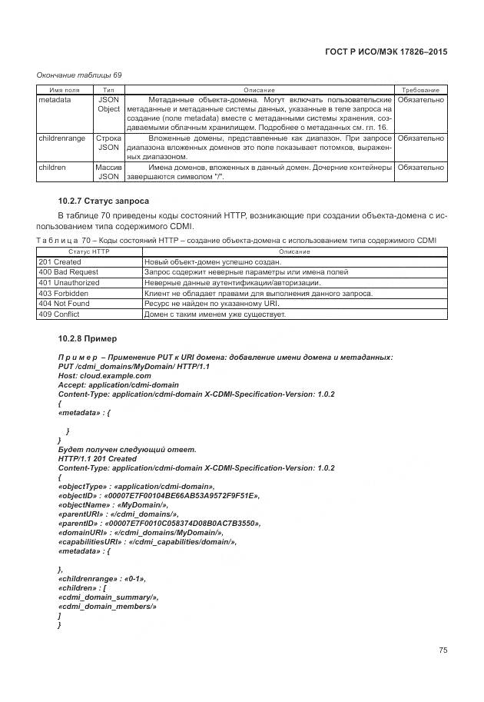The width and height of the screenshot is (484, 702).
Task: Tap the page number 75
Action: pyautogui.click(x=443, y=650)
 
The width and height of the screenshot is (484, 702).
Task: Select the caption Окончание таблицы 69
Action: pyautogui.click(x=79, y=75)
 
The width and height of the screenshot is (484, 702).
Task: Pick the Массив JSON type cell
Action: pyautogui.click(x=108, y=171)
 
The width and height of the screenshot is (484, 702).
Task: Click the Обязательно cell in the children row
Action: pyautogui.click(x=421, y=167)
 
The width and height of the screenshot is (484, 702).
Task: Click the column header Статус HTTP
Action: pyautogui.click(x=90, y=251)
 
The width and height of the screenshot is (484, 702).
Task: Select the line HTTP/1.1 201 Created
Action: pyautogui.click(x=98, y=458)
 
